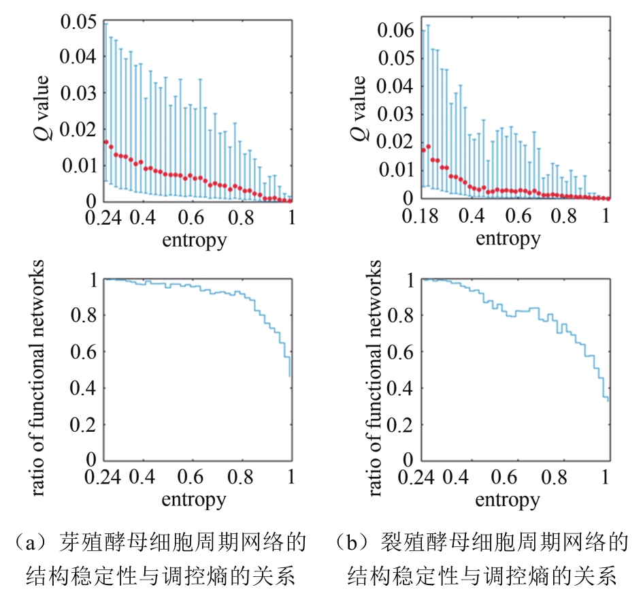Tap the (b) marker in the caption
click(350, 544)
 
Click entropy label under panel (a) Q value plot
click(194, 240)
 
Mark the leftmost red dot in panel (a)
click(105, 142)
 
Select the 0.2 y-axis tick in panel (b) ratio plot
click(401, 424)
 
